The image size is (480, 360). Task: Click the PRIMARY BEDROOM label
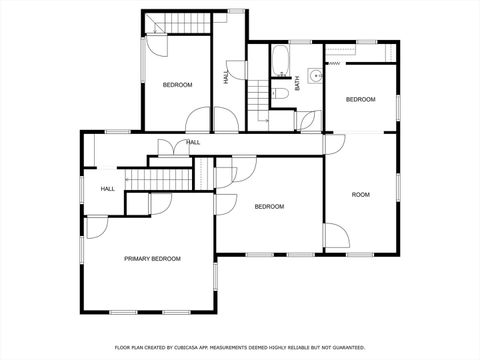tap(152, 259)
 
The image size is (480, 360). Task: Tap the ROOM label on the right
tap(360, 194)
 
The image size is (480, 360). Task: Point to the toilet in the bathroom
tap(281, 93)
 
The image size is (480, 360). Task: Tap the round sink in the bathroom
tap(314, 74)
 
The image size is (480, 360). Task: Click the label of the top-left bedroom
tap(177, 85)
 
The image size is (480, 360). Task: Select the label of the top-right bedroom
tap(360, 99)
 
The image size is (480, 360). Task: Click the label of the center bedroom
tap(269, 207)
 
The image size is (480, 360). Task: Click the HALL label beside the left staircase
tap(107, 188)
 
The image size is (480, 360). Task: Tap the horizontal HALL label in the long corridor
tap(193, 142)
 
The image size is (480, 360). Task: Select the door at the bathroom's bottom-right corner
tap(308, 122)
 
